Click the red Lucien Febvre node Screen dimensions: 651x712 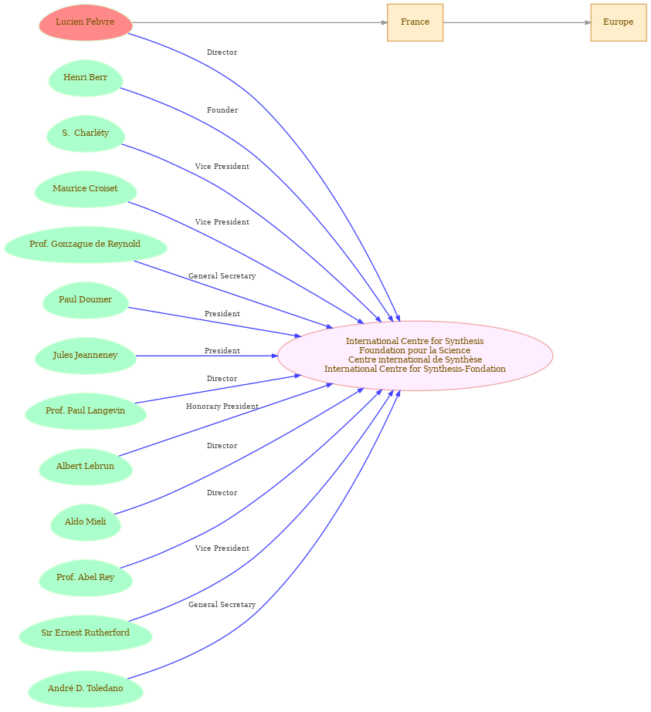click(86, 22)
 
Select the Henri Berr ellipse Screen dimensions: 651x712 click(86, 78)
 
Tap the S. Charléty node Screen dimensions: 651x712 click(86, 133)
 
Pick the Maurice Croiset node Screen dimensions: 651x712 click(86, 189)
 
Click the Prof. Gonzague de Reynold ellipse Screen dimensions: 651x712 click(86, 245)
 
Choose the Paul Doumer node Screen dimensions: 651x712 click(86, 300)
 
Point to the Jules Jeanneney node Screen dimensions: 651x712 click(86, 356)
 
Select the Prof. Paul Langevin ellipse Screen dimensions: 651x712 click(86, 411)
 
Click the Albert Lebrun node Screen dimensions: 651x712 click(86, 467)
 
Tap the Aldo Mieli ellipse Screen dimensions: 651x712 click(86, 522)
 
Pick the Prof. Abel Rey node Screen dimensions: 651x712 click(86, 578)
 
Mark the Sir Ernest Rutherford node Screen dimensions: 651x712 click(86, 633)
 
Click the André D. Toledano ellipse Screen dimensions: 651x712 click(86, 689)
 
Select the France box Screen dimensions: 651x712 click(415, 22)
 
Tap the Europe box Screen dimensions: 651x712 click(619, 22)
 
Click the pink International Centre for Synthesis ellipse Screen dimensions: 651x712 click(415, 356)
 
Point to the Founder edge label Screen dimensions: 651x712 click(222, 110)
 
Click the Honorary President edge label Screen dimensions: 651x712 click(222, 407)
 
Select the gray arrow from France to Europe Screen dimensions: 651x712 click(517, 22)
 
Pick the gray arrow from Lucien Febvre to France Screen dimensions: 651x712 click(259, 22)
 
